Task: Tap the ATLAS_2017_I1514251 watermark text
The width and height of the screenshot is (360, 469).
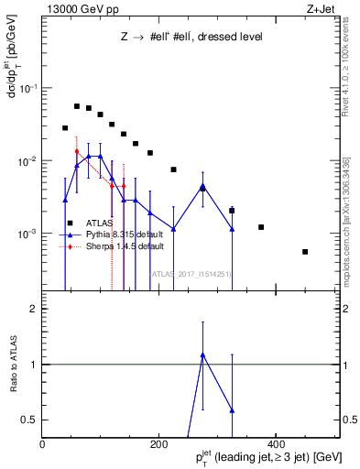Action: (191, 273)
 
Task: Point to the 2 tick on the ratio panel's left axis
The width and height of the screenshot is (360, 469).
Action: (35, 309)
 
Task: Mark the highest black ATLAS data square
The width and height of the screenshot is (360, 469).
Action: (77, 106)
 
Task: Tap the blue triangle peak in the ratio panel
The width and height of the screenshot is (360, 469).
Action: (202, 354)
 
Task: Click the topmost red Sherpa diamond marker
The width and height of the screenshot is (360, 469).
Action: (77, 151)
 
